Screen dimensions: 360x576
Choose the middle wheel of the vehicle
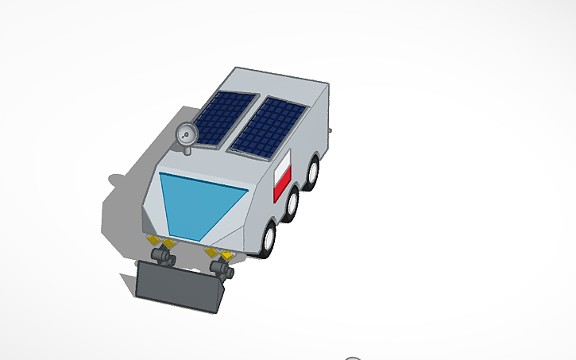click(x=293, y=203)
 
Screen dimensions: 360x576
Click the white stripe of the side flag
click(x=284, y=168)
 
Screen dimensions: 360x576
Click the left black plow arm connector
click(x=165, y=257)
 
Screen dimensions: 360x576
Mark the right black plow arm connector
click(x=223, y=270)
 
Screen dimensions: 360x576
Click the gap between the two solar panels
click(x=244, y=123)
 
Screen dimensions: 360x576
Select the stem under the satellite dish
click(x=187, y=149)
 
